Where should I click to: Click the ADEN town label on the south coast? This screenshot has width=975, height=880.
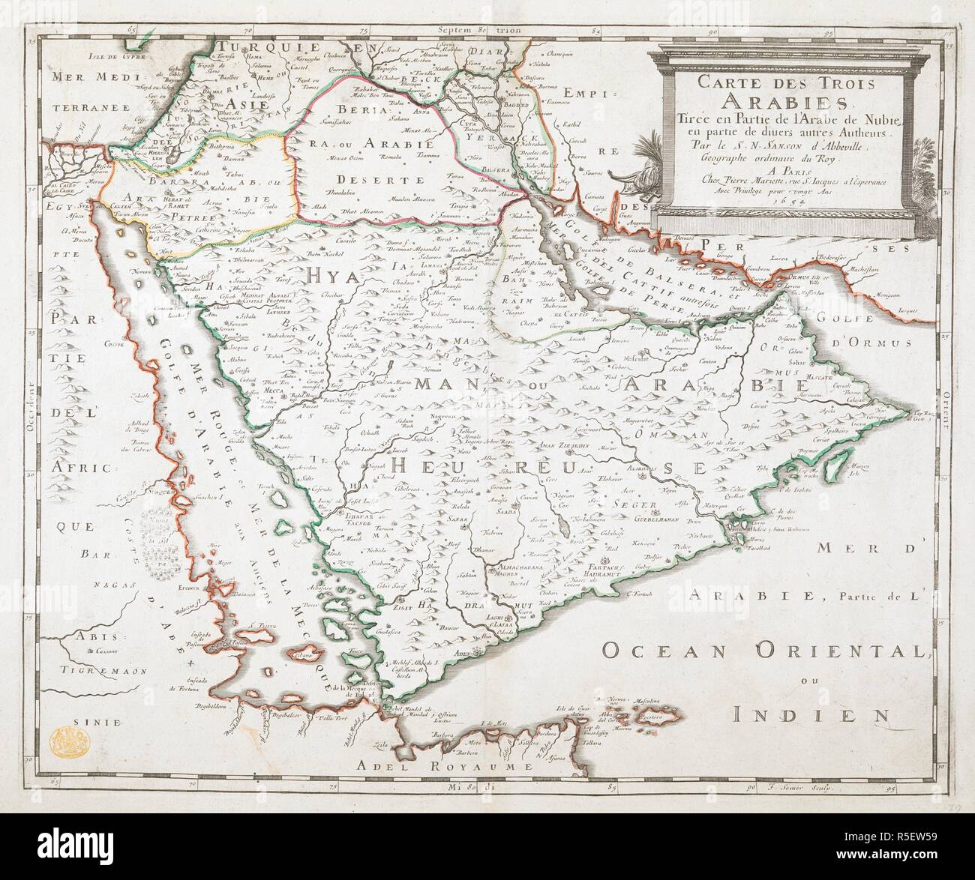[x=461, y=654]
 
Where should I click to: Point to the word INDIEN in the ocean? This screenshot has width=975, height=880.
[x=810, y=712]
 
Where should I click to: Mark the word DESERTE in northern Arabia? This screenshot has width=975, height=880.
[x=373, y=181]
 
